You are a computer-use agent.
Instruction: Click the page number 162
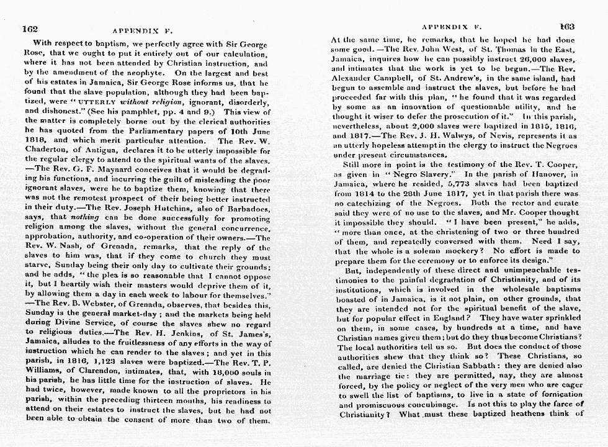(30, 29)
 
